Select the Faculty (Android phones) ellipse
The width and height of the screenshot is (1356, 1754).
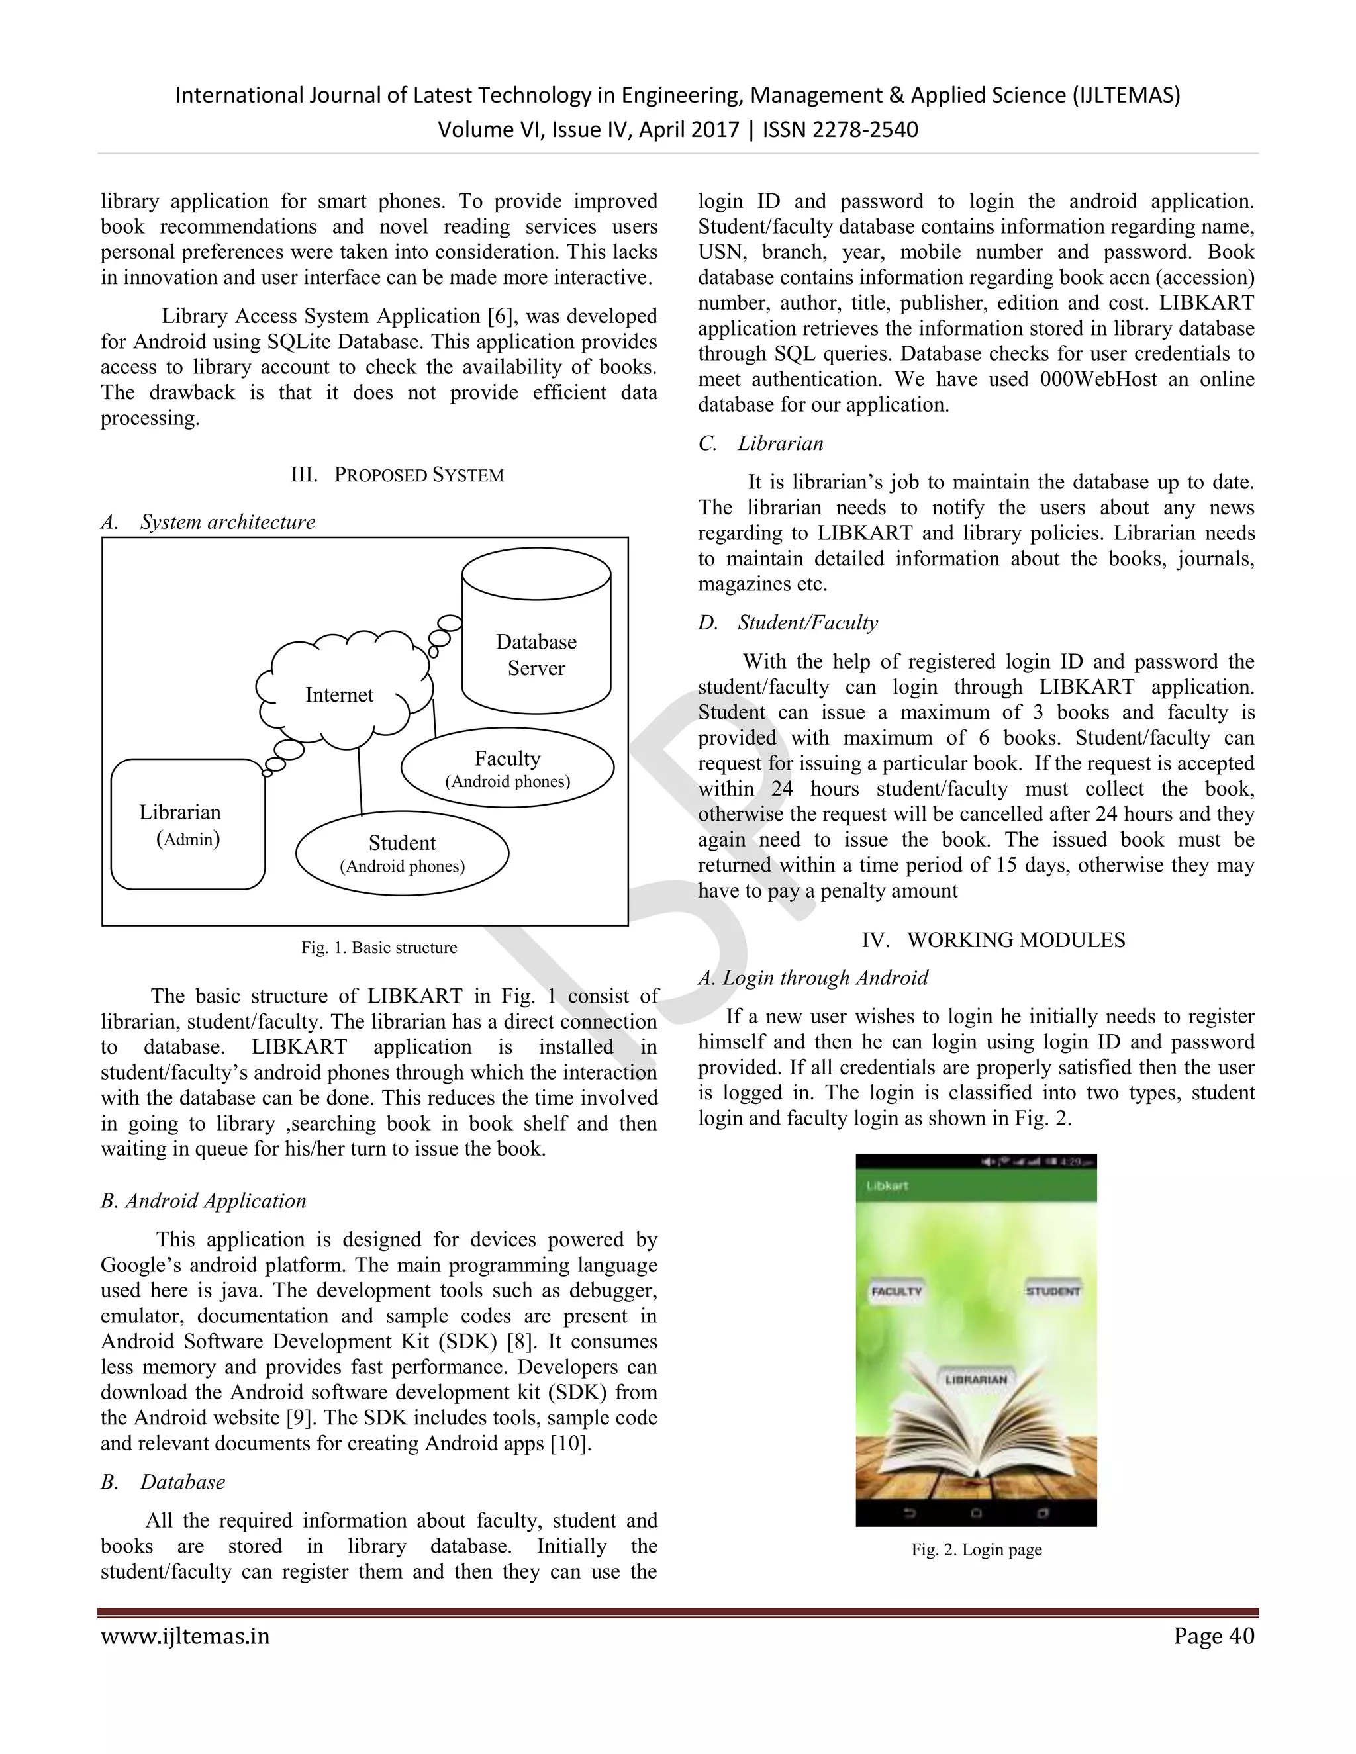508,768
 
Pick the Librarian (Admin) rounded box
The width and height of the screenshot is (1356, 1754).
187,824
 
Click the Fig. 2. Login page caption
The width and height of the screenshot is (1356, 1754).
976,1549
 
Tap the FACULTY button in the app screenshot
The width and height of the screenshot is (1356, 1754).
896,1291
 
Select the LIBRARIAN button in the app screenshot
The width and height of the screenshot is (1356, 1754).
975,1380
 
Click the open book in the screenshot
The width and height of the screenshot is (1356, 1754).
975,1446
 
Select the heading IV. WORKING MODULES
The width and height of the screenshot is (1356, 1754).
993,940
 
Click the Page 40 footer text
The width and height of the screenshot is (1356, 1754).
1213,1636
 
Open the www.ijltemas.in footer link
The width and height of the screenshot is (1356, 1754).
185,1636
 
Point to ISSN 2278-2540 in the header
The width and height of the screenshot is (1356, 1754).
840,129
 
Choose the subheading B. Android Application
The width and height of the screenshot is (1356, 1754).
203,1201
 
